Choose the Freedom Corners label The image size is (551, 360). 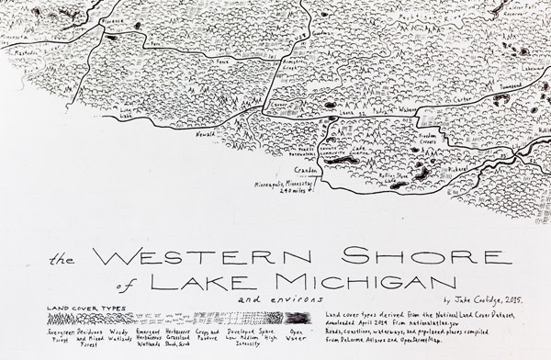pyautogui.click(x=433, y=140)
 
